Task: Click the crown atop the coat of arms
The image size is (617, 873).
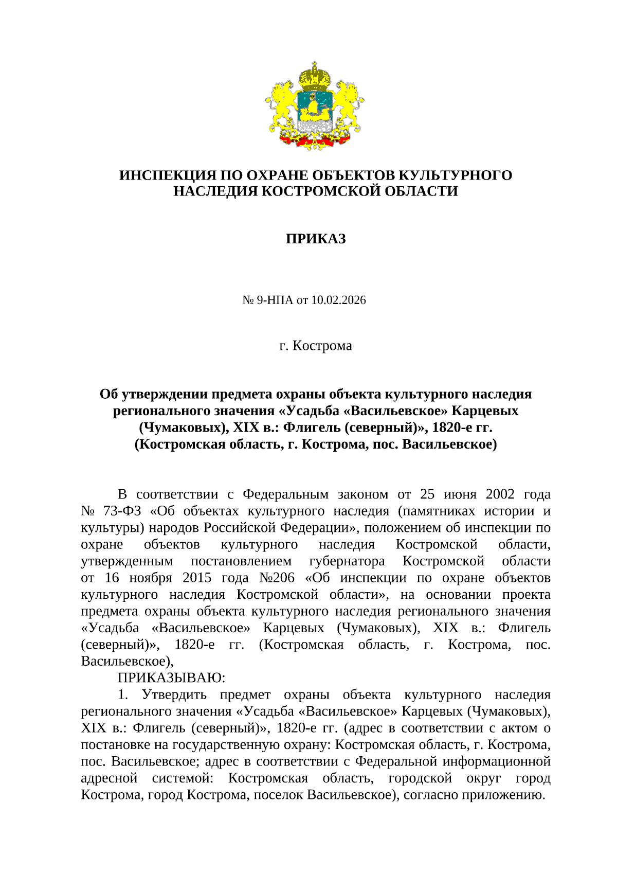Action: [315, 76]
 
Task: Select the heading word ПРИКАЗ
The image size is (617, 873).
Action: [315, 239]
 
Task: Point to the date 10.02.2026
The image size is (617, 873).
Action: [338, 300]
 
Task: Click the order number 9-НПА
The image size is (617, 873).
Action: [275, 300]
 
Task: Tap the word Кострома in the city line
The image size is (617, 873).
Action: [322, 346]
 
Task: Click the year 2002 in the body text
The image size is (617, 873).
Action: [500, 494]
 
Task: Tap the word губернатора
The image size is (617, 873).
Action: [347, 561]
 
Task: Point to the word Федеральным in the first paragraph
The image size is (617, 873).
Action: [285, 494]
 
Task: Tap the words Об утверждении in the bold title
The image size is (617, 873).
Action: [148, 395]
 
